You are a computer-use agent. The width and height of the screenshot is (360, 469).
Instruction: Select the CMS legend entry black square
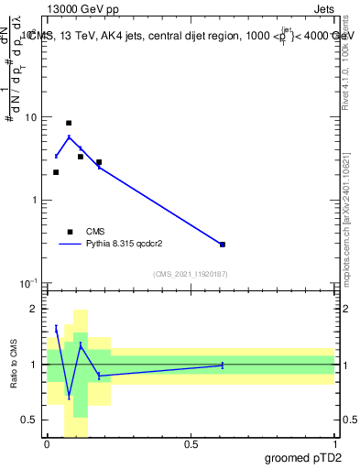click(x=70, y=232)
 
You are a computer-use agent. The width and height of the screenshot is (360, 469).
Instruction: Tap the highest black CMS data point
click(x=69, y=123)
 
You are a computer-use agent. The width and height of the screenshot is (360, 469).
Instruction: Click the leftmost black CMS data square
click(x=56, y=172)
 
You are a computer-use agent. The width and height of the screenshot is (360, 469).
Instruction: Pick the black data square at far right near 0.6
click(x=223, y=245)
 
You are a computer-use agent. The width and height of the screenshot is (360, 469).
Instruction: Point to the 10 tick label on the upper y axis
click(x=32, y=117)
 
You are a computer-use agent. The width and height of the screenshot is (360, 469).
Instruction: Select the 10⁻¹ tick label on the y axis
click(x=29, y=283)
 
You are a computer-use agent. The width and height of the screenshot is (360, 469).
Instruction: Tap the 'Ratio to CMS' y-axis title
click(x=14, y=365)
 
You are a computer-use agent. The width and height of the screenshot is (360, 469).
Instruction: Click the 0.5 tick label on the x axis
click(x=191, y=443)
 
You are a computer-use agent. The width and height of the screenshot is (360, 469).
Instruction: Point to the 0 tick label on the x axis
click(x=47, y=443)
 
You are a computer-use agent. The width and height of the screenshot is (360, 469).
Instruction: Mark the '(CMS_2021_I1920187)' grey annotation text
click(x=190, y=273)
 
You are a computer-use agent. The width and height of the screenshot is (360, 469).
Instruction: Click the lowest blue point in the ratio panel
click(x=69, y=397)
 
